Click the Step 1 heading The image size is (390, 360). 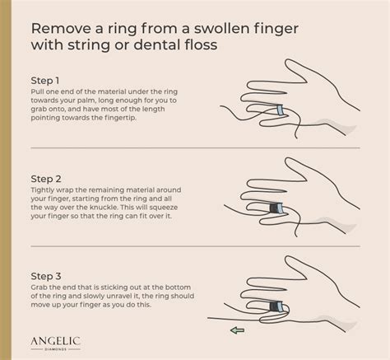point(45,81)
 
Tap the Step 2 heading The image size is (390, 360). point(46,179)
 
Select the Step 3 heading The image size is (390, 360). point(46,276)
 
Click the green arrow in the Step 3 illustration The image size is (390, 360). point(237,330)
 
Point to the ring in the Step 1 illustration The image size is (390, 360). point(280,110)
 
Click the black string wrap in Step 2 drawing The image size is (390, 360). point(273,208)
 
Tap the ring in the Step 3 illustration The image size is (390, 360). point(280,306)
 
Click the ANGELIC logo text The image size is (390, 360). point(55,341)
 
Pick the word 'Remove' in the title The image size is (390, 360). point(61,29)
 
